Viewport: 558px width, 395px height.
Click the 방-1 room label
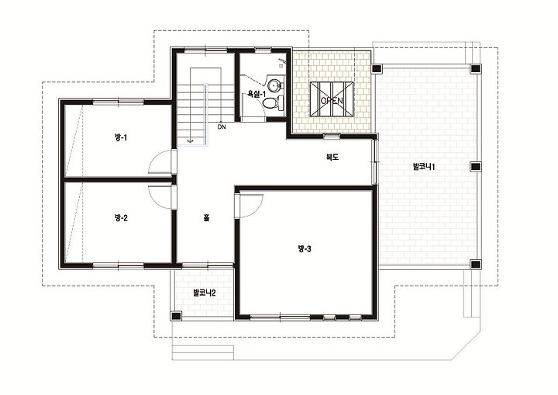click(121, 137)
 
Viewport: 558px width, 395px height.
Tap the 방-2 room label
click(121, 217)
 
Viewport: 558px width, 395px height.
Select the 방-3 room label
click(305, 249)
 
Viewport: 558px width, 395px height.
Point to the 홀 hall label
click(206, 217)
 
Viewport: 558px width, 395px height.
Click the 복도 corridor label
click(332, 157)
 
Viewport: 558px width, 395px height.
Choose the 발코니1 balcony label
click(424, 167)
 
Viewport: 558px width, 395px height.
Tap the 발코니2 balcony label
click(205, 293)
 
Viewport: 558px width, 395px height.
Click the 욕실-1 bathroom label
click(257, 94)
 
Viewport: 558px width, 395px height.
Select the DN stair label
click(222, 126)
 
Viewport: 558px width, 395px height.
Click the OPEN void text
click(332, 101)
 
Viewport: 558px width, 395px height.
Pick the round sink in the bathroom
click(274, 85)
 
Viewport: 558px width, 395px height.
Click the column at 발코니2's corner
click(176, 316)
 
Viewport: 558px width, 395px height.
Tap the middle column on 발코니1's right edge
click(475, 167)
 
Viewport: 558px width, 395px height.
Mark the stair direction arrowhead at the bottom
click(190, 140)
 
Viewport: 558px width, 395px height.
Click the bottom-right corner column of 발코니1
click(475, 264)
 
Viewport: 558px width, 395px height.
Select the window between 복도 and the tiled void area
click(332, 136)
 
